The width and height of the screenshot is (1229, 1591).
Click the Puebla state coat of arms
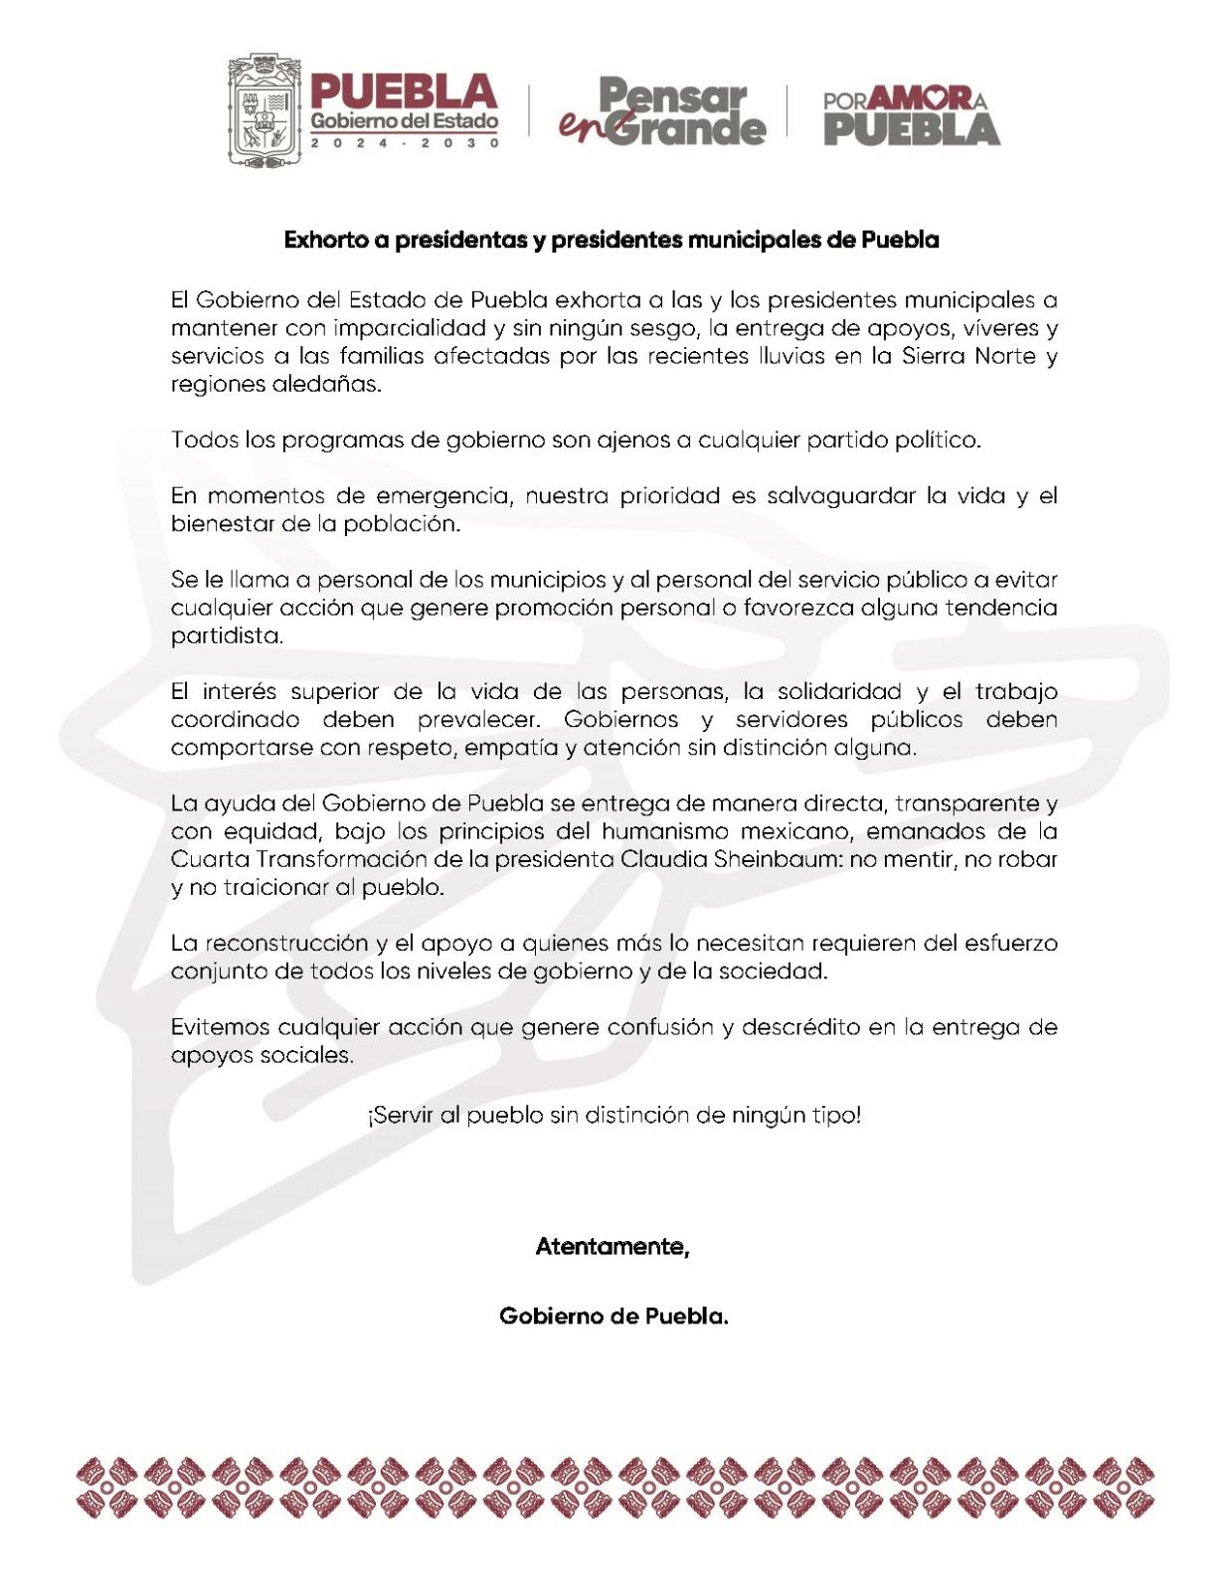264,109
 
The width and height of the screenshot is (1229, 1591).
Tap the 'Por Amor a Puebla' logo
911,114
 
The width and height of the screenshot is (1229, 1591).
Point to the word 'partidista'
227,635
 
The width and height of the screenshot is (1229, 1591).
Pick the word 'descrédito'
801,1027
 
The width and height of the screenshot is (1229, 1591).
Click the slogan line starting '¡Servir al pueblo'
614,1115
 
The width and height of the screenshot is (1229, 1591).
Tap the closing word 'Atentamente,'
613,1246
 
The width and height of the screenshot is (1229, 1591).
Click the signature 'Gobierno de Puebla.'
614,1316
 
